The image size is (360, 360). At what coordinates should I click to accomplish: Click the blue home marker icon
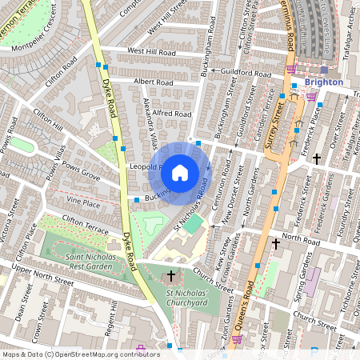pyautogui.click(x=180, y=172)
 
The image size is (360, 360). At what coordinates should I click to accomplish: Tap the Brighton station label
pyautogui.click(x=323, y=82)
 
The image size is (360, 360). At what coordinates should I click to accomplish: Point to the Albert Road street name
pyautogui.click(x=131, y=82)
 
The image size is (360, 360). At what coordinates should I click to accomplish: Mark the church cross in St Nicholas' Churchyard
pyautogui.click(x=171, y=277)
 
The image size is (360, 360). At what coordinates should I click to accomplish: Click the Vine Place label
pyautogui.click(x=84, y=203)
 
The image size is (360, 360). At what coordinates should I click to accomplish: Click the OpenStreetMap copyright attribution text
pyautogui.click(x=81, y=354)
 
